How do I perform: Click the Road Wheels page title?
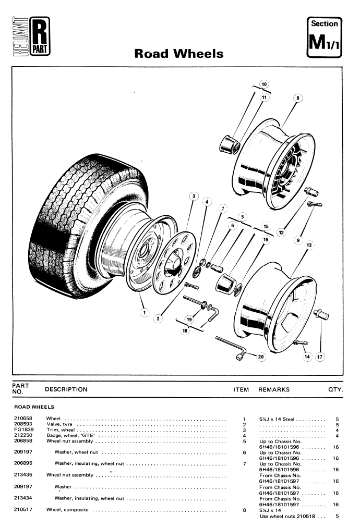pos(179,54)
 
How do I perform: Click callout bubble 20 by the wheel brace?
pos(261,357)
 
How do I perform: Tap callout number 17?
pos(320,357)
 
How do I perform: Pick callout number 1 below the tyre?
pos(143,312)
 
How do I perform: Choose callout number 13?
pos(309,245)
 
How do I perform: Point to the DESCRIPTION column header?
pos(66,389)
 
